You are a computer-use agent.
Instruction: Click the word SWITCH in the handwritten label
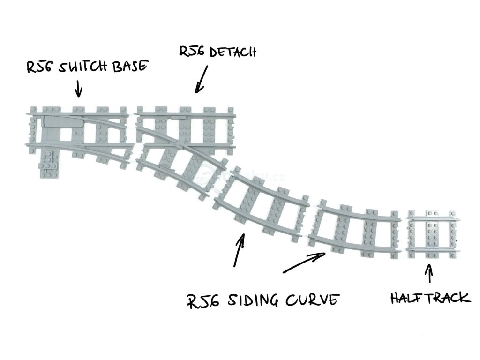83,67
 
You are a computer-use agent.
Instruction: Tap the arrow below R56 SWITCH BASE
78,87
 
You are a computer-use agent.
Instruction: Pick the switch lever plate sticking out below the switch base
49,164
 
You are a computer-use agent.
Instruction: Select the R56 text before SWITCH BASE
39,67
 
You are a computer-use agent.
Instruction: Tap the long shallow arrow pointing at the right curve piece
305,263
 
